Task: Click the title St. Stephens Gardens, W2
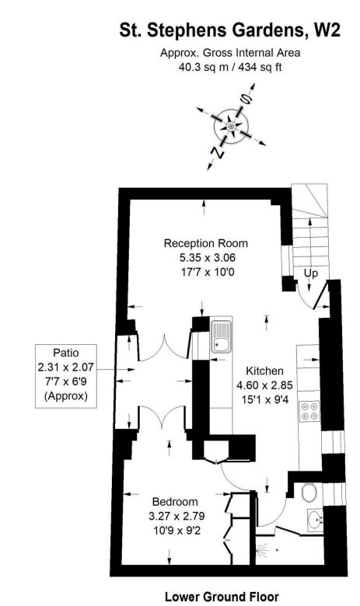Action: pos(229,31)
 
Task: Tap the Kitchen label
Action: pos(264,371)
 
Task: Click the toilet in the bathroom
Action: pos(309,493)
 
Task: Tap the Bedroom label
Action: pos(175,501)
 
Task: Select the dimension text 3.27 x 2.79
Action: pos(175,515)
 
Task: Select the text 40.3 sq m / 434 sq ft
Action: pos(229,67)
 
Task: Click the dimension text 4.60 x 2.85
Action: pos(264,385)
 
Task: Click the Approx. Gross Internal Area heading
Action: pos(229,53)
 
